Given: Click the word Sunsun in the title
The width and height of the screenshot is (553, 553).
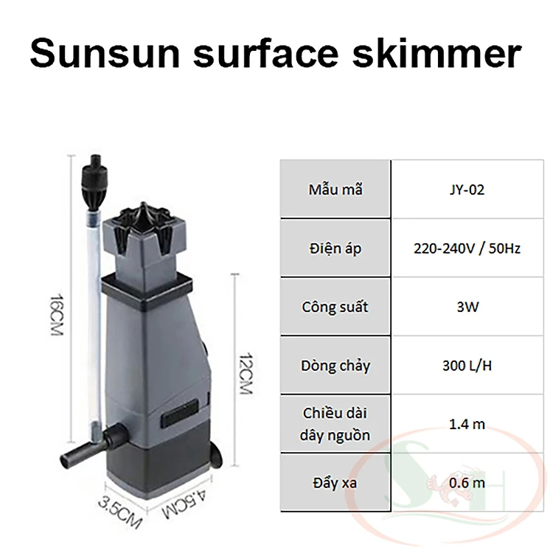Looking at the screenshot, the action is [x=105, y=54].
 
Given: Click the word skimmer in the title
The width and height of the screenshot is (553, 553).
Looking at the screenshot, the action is [x=437, y=54].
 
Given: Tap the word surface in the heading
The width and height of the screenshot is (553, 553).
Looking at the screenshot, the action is [x=267, y=54].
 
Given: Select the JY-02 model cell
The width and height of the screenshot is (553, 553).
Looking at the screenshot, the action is [x=467, y=189].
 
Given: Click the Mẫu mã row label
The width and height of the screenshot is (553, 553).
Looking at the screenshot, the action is [x=335, y=189].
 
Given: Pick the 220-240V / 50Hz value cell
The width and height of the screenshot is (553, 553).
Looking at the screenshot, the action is [x=467, y=248].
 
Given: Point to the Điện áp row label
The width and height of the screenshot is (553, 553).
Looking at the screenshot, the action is [x=335, y=248].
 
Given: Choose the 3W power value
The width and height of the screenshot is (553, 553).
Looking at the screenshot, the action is [x=467, y=307].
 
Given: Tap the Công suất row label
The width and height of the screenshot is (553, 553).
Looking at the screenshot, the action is [x=335, y=307].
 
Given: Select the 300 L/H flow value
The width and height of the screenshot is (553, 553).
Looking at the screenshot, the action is [x=467, y=366].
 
